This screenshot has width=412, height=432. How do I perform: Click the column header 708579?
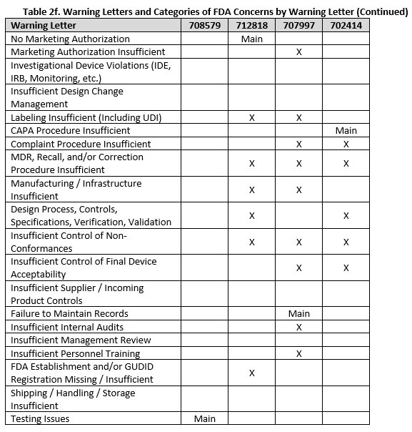tap(205, 26)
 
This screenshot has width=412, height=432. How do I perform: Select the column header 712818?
tap(251, 26)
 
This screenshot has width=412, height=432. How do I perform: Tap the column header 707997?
tap(298, 26)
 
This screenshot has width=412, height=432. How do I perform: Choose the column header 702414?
tap(346, 26)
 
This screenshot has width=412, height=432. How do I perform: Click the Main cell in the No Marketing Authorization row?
tap(251, 39)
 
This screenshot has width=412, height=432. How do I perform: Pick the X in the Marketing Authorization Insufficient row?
tap(298, 52)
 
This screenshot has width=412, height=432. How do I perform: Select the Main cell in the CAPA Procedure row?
tap(346, 131)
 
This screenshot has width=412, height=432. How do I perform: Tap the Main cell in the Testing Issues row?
tap(205, 418)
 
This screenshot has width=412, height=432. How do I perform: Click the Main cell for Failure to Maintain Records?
tap(298, 313)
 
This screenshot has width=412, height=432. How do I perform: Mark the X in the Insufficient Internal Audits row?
tap(298, 327)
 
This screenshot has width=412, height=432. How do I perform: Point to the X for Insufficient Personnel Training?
tap(298, 353)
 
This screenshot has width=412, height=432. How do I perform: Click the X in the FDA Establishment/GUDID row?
tap(251, 373)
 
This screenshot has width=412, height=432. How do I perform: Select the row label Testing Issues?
tap(40, 418)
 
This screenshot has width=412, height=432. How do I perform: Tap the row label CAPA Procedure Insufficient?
tap(70, 131)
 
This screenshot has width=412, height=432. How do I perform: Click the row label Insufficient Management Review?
tap(81, 340)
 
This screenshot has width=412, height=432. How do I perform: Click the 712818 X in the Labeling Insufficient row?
tap(251, 117)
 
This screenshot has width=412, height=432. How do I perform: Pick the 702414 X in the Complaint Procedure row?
tap(346, 144)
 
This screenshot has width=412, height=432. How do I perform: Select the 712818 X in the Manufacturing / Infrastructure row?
tap(251, 190)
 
